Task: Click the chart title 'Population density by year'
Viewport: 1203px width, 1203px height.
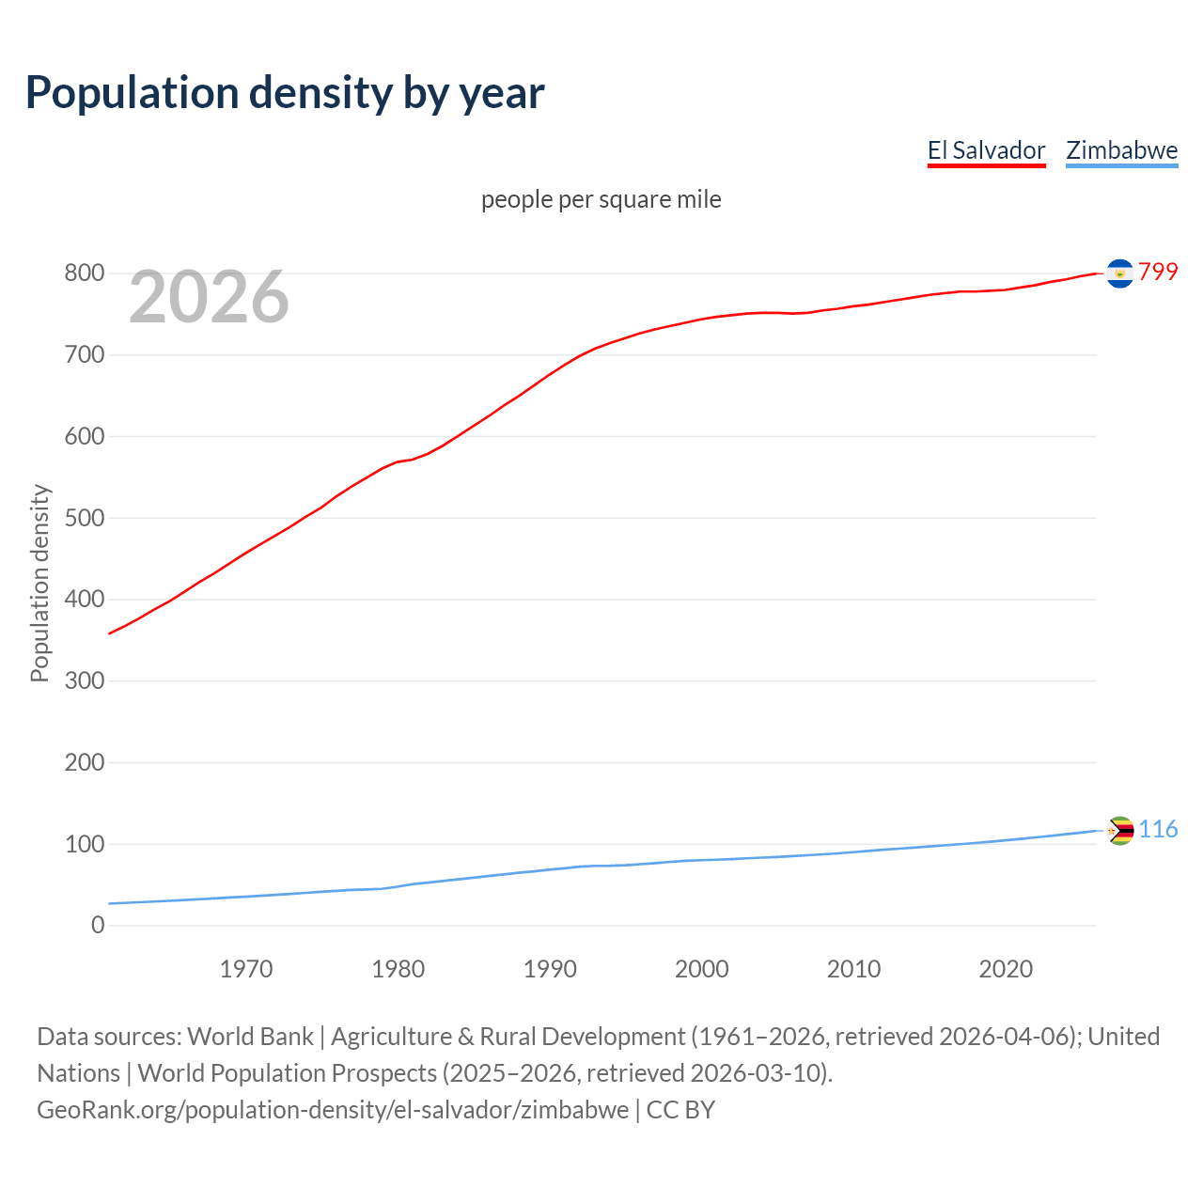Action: tap(285, 92)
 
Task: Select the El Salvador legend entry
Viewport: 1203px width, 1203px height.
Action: tap(986, 150)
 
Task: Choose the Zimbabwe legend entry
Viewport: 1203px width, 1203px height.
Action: tap(1121, 150)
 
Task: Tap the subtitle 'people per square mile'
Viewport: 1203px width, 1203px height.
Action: tap(601, 199)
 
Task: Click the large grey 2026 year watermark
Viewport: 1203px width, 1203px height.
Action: tap(209, 297)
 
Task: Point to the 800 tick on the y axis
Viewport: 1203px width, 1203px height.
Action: tap(84, 273)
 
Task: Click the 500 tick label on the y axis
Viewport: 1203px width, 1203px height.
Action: tap(84, 518)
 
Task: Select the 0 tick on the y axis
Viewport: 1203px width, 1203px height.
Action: tap(98, 925)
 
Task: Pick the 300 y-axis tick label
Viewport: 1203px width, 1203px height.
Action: tap(84, 680)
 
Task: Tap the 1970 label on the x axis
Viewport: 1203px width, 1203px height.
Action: tap(246, 969)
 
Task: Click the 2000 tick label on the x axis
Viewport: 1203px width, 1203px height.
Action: tap(701, 969)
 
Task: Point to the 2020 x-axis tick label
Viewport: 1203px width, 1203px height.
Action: tap(1006, 969)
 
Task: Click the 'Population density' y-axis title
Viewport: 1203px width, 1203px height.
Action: tap(39, 583)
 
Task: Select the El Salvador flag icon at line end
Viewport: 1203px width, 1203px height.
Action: tap(1119, 273)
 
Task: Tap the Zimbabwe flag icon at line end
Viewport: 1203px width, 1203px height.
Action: tap(1119, 831)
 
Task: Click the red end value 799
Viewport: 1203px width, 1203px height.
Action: tap(1158, 272)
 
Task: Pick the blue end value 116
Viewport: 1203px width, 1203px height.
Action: tap(1158, 829)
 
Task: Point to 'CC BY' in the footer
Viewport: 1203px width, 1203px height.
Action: tap(680, 1109)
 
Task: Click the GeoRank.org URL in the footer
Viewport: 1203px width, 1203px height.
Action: tap(333, 1109)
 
